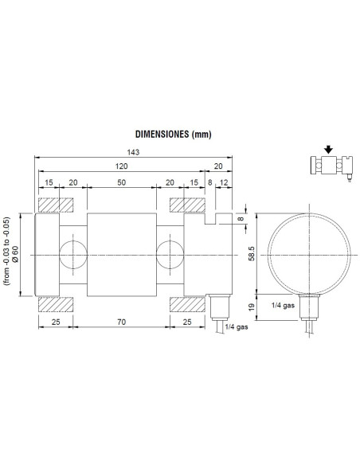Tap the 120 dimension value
120,167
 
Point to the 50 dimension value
120,183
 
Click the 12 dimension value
225,183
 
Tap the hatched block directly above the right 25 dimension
184,303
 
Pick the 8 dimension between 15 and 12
209,183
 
